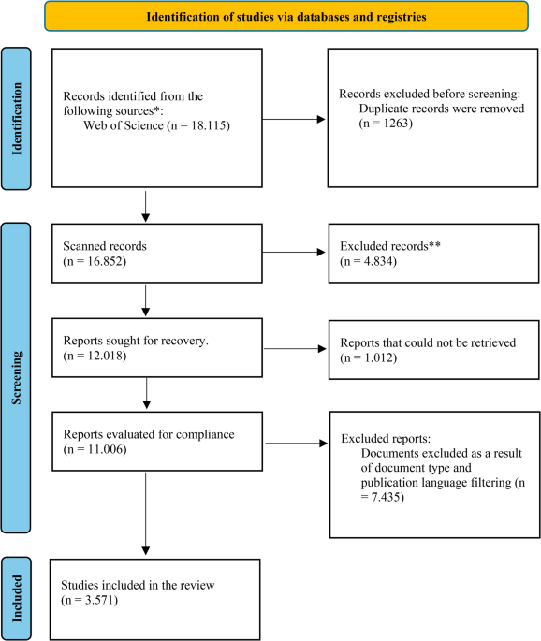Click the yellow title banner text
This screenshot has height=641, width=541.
coord(286,17)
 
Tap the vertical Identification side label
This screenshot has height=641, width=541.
coord(16,119)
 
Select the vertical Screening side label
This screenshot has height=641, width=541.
coord(16,378)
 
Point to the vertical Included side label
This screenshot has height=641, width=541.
coord(16,599)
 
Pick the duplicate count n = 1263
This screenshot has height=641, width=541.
coord(386,123)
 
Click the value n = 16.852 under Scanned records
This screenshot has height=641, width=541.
coord(95,261)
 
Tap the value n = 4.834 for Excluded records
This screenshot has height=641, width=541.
coord(369,261)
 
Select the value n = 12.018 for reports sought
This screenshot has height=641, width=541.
coord(95,356)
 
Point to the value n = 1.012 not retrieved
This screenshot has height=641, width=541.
coord(369,357)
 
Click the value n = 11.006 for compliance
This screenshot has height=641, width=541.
coord(95,449)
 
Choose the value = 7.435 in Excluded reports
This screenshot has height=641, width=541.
coord(382,497)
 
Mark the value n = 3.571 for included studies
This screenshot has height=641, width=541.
coord(90,600)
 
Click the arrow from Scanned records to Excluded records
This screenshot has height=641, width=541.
coord(294,253)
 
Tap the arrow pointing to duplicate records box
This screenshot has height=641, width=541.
coord(294,120)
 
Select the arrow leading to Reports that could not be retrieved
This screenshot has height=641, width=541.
coord(295,349)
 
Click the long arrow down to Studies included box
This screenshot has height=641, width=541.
coord(146,513)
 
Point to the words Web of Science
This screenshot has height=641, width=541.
coord(124,125)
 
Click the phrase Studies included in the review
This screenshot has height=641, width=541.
coord(138,585)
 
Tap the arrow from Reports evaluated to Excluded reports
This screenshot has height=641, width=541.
coord(297,444)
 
